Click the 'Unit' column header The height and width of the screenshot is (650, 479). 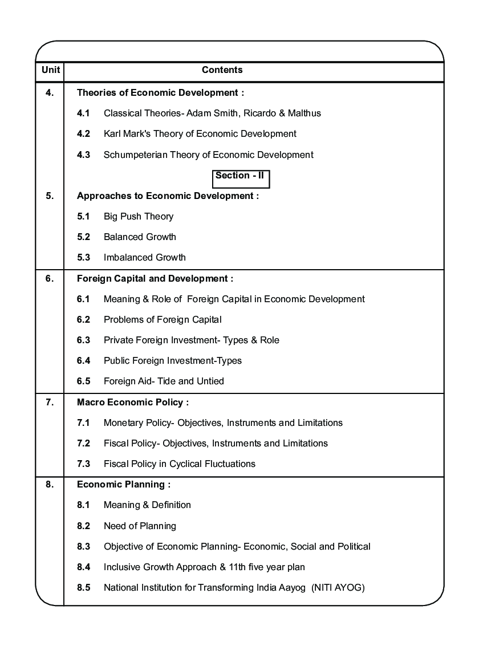[50, 70]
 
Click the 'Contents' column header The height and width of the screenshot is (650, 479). [222, 70]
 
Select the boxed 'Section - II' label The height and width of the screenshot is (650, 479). [240, 176]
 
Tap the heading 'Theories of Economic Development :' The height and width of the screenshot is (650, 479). [160, 92]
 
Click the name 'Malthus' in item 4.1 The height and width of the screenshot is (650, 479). [305, 113]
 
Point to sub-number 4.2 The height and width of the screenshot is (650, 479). [83, 134]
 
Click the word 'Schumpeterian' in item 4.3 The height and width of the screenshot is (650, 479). [132, 155]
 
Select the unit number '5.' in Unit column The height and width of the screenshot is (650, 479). [50, 196]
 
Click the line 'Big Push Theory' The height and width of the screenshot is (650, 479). [139, 217]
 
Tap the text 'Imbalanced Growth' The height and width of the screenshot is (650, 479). [145, 258]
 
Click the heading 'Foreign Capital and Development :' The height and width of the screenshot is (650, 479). [155, 279]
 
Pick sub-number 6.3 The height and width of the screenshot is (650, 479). [83, 340]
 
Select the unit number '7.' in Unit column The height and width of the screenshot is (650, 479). [50, 402]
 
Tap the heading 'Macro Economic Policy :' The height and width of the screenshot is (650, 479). [133, 403]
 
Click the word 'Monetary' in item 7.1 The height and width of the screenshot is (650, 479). [121, 423]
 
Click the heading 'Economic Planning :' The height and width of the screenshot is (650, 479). [124, 485]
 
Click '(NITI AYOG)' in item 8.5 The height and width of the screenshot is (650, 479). [338, 588]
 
